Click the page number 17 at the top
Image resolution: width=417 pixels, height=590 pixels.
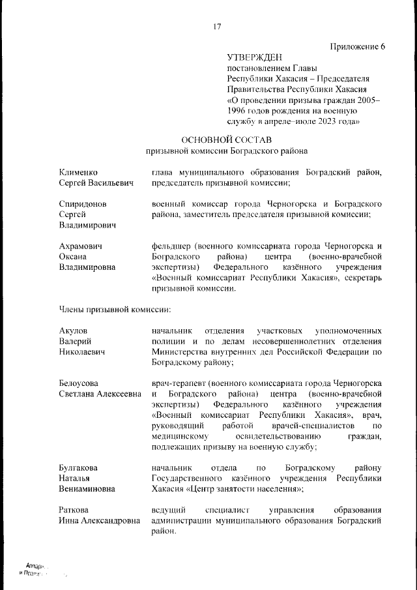pyautogui.click(x=218, y=26)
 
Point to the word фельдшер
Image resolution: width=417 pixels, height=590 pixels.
pyautogui.click(x=170, y=246)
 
